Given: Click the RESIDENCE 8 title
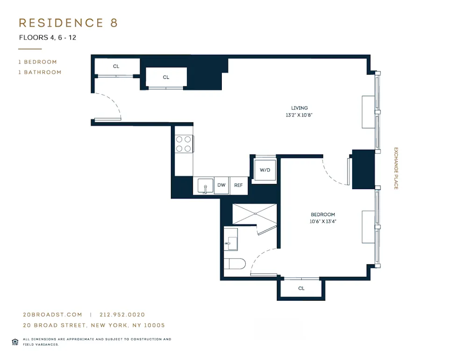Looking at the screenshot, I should click(x=68, y=23).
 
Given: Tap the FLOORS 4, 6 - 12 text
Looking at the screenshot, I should click(x=47, y=38).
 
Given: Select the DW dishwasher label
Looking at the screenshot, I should click(x=221, y=185).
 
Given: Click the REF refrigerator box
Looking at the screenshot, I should click(x=238, y=185).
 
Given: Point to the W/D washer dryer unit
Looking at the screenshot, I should click(x=265, y=170).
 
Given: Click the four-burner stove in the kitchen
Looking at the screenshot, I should click(x=184, y=144).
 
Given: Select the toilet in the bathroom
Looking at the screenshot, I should click(x=235, y=264).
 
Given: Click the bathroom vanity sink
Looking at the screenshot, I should click(x=231, y=240).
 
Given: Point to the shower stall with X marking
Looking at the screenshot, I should click(x=255, y=213).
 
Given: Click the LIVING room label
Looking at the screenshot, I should click(x=299, y=108).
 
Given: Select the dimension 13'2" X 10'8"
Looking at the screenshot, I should click(x=299, y=115).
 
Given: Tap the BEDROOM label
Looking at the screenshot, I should click(x=323, y=215).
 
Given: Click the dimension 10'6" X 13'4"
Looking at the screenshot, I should click(x=323, y=222).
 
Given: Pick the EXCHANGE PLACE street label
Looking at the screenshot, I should click(x=396, y=168).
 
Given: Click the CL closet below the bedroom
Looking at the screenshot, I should click(x=301, y=289).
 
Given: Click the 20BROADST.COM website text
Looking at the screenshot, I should click(x=52, y=315).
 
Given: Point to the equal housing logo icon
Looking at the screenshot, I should click(x=15, y=341).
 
